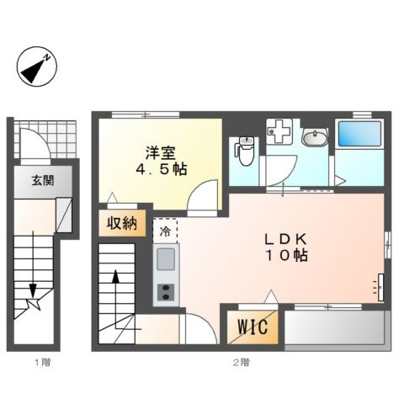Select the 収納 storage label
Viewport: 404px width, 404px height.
[x=120, y=223]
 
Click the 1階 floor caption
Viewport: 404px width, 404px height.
[x=42, y=363]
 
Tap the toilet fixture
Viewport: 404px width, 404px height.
[x=244, y=149]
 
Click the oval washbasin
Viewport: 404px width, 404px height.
[x=316, y=138]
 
